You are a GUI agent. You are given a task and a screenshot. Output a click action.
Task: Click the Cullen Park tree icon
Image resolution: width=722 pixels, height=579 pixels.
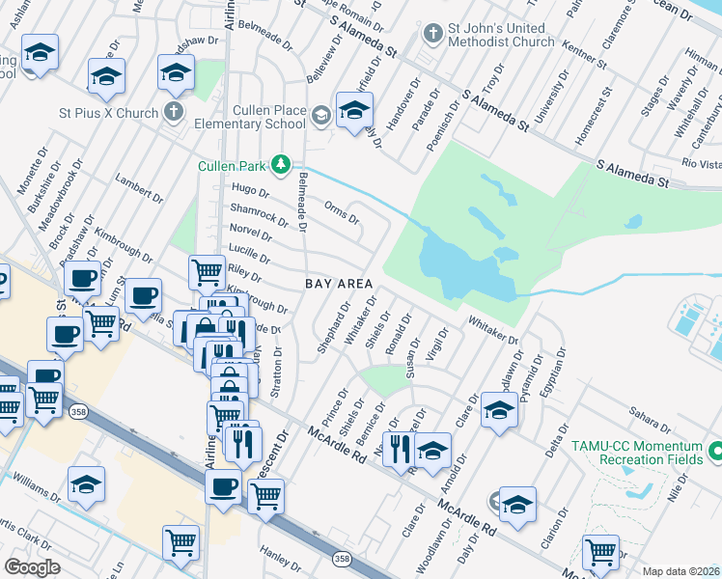[281, 165]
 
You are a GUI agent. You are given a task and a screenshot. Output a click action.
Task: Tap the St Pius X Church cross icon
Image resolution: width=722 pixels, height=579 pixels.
[174, 112]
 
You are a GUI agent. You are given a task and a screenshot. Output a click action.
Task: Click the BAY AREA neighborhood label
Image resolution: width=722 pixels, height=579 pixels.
[339, 284]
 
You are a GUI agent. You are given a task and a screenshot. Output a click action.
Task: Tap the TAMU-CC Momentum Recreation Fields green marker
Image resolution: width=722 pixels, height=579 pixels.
[715, 451]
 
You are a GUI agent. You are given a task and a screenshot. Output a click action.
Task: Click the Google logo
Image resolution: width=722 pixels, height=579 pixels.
[32, 567]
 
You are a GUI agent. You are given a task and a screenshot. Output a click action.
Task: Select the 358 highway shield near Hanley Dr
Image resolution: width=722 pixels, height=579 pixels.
[342, 559]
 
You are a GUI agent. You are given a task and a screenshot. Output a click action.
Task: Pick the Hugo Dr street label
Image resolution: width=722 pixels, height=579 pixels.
[250, 191]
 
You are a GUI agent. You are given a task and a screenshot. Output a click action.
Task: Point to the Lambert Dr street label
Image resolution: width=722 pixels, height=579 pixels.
[134, 186]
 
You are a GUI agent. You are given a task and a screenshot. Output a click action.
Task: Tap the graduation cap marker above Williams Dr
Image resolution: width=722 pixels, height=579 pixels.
[86, 484]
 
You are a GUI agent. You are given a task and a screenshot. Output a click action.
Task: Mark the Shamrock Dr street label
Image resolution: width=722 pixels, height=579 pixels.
[258, 214]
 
